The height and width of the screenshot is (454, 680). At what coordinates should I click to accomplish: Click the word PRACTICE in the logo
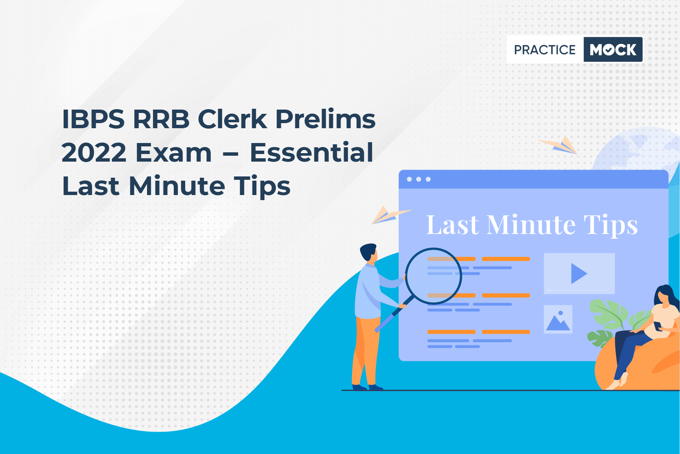tap(544, 50)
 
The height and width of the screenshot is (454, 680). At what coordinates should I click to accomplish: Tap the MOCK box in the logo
tap(613, 50)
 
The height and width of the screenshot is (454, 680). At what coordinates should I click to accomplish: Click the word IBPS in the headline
tap(93, 119)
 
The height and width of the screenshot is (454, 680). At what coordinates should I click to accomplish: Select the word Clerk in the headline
tap(232, 118)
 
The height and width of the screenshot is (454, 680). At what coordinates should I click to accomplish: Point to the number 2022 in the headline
tap(94, 152)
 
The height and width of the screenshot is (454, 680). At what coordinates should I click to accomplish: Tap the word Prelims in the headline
tap(325, 118)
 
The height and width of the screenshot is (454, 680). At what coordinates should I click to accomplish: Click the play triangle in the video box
tap(578, 273)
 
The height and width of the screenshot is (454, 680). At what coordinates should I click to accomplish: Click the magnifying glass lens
tap(433, 276)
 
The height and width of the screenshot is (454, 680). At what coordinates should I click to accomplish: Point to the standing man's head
tap(369, 252)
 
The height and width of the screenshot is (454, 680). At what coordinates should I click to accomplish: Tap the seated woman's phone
tap(658, 326)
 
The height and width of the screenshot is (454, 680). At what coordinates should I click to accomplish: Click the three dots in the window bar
tap(419, 179)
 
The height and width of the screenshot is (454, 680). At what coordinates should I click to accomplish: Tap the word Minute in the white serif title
tap(531, 225)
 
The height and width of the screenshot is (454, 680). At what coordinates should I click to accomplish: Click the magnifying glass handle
tap(394, 315)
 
